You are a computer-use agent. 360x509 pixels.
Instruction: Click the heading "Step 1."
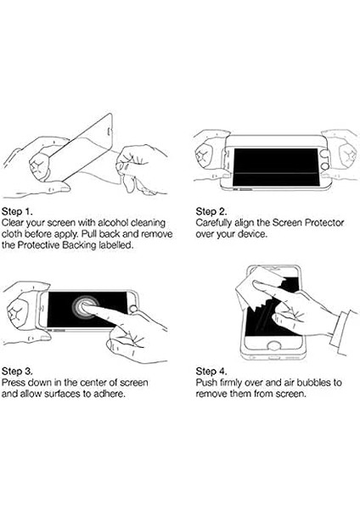17,211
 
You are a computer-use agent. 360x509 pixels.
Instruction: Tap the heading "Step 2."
211,211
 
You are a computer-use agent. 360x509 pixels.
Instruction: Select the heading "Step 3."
17,371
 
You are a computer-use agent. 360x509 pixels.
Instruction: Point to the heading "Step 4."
211,371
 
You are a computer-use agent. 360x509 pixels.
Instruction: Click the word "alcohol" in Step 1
113,222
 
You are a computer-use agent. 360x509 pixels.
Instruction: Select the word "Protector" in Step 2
324,222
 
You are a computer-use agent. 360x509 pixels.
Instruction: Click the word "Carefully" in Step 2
214,223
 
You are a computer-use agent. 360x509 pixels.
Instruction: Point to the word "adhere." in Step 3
110,394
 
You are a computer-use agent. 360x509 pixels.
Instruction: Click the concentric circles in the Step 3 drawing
85,306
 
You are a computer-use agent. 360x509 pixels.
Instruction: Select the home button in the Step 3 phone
133,309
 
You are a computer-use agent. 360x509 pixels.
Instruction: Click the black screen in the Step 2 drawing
276,167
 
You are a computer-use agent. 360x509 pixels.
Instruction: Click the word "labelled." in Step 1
116,245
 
